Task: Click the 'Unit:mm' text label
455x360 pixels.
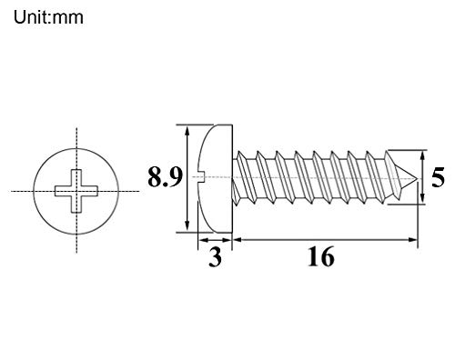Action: coord(48,17)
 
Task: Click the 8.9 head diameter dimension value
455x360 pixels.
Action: coord(165,177)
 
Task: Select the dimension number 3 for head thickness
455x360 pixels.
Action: coord(215,257)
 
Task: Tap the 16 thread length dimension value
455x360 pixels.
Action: coord(321,257)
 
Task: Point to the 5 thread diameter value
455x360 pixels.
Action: coord(438,177)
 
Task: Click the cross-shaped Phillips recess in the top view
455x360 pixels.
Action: coord(76,191)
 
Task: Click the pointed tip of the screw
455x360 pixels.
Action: coord(416,179)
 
